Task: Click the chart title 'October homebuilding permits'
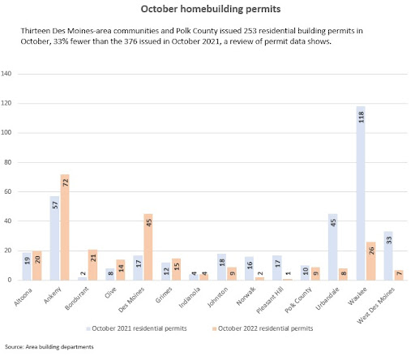pos(211,9)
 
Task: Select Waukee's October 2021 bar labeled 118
pos(361,193)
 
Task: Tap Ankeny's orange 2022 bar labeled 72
pos(65,227)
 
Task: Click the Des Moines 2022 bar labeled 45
pos(148,247)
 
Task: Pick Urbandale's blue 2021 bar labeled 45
pos(333,247)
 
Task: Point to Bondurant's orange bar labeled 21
pos(92,265)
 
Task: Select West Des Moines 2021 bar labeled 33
pos(388,255)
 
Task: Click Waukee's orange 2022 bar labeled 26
pos(371,261)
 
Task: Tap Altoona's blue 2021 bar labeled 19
pos(27,266)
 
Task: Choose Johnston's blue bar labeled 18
pos(221,267)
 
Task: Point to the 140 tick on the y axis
pos(6,74)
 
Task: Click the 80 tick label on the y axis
pos(8,162)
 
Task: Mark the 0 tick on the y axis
pos(10,280)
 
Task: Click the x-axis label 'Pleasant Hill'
pos(269,300)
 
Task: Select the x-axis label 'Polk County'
pos(298,300)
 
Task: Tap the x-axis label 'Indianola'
pos(190,298)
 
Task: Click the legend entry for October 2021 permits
pos(136,328)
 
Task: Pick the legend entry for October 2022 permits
pos(263,328)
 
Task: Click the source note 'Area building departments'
pos(59,347)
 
